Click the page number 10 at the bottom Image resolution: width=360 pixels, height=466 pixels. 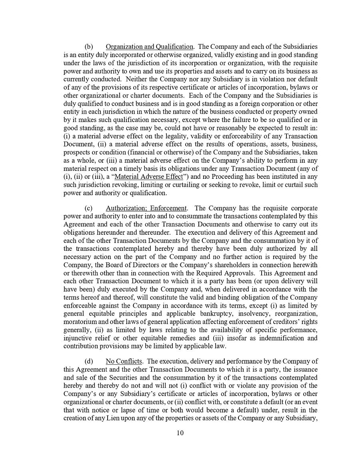click(x=180, y=433)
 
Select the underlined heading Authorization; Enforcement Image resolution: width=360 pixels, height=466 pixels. click(x=146, y=208)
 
